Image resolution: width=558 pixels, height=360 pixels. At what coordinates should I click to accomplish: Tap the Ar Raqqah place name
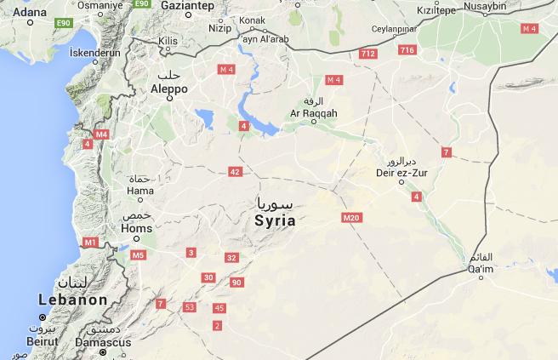click(314, 112)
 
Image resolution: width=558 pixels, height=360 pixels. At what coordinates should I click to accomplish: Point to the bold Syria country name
click(275, 220)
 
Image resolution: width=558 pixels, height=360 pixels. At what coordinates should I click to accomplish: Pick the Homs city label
click(137, 228)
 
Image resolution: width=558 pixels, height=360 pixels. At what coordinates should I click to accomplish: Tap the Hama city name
click(139, 191)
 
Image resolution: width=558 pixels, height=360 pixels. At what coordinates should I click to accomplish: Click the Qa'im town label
click(481, 270)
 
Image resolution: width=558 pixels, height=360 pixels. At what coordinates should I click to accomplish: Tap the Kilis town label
click(166, 40)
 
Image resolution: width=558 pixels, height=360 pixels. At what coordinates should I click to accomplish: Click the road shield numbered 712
click(368, 54)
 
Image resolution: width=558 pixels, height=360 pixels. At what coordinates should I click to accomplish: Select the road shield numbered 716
click(407, 50)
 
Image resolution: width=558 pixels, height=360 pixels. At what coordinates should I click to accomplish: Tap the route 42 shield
click(235, 172)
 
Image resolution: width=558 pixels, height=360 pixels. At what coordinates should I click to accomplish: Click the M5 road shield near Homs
click(138, 254)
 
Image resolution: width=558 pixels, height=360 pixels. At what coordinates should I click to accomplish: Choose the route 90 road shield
click(236, 283)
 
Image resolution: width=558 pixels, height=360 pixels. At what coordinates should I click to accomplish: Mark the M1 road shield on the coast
click(90, 243)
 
